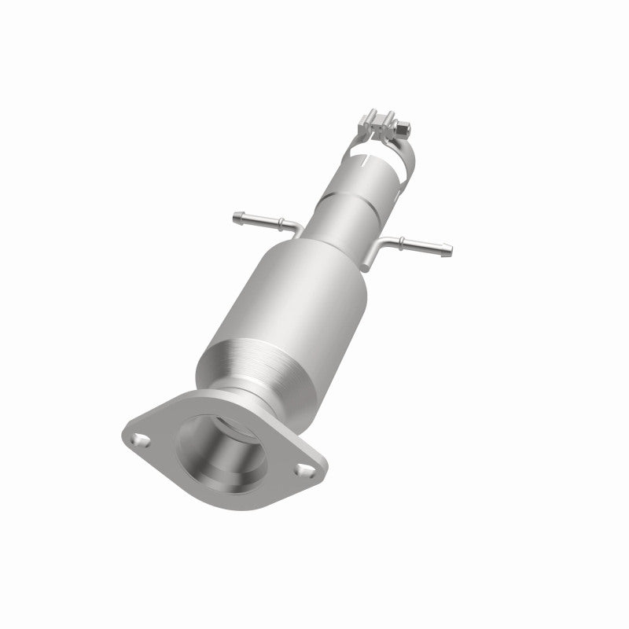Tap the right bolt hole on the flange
click(x=302, y=470)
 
